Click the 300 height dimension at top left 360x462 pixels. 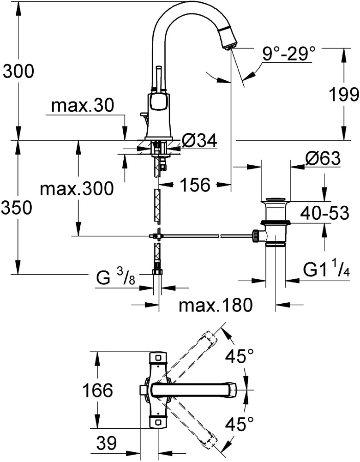18,72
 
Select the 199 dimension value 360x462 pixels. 343,95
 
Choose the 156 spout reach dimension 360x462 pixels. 195,185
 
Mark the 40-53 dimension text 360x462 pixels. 325,213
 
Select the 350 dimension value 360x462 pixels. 18,208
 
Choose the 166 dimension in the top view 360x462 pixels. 98,390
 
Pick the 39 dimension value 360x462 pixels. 107,444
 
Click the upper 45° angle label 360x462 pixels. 240,356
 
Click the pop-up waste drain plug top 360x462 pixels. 276,200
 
